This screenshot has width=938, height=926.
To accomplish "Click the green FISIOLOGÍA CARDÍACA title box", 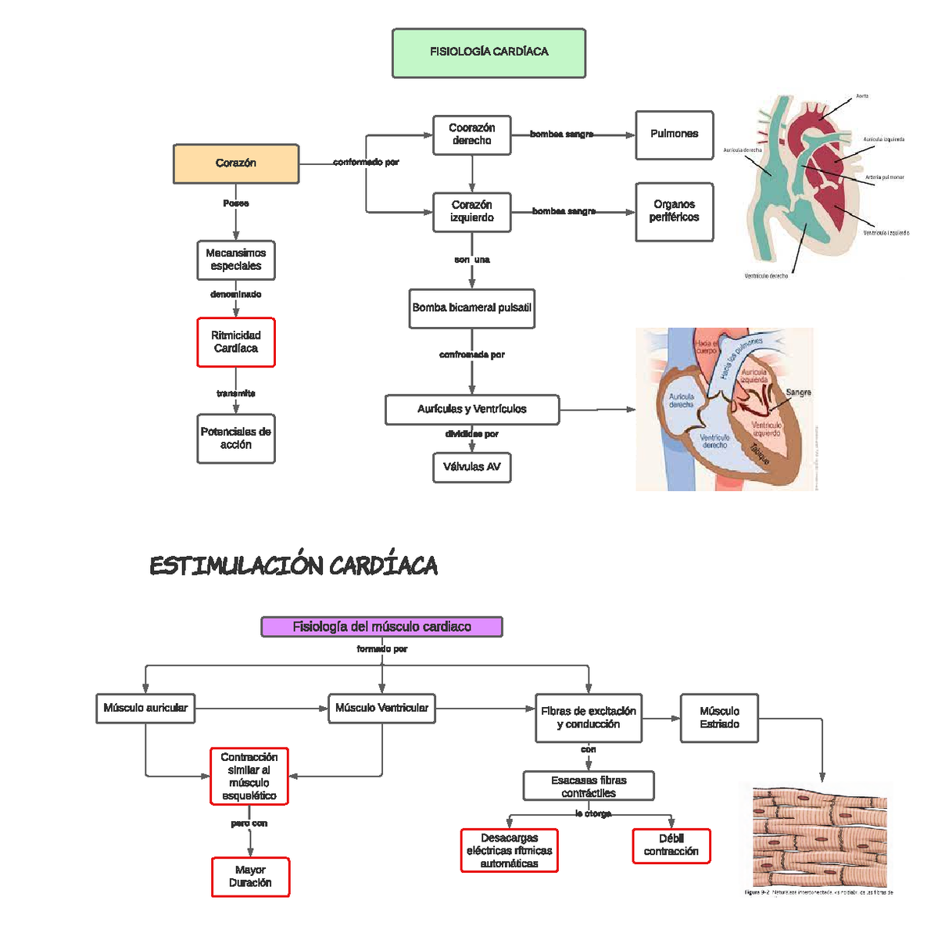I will [489, 53].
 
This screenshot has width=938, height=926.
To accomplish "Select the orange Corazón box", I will [236, 163].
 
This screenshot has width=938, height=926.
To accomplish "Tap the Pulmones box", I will [674, 135].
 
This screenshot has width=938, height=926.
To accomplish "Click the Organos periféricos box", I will [674, 211].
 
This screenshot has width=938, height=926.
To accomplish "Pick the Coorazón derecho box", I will [471, 135].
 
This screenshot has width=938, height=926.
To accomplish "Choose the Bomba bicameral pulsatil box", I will [471, 308].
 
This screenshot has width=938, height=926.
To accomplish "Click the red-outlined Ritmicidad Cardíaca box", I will [236, 342].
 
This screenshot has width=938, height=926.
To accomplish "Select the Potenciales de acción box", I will [236, 438].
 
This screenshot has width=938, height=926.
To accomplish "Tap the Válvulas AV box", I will [471, 467].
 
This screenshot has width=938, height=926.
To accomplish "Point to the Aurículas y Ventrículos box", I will [471, 409].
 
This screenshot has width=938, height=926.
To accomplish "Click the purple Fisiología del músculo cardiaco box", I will [381, 626].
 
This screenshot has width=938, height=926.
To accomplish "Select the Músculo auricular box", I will [145, 708].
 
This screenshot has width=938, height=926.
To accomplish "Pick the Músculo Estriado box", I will [719, 717].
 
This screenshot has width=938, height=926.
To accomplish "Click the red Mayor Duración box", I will [250, 877].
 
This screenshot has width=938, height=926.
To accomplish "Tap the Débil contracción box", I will [671, 845].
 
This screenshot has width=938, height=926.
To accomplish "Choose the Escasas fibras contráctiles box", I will [589, 786].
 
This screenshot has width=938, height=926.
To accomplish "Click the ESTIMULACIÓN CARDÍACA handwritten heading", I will [293, 565].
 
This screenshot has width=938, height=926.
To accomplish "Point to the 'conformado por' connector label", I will [366, 163].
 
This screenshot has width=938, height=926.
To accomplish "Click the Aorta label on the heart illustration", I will [861, 96].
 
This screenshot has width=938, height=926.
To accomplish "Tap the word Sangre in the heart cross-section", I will [798, 393].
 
